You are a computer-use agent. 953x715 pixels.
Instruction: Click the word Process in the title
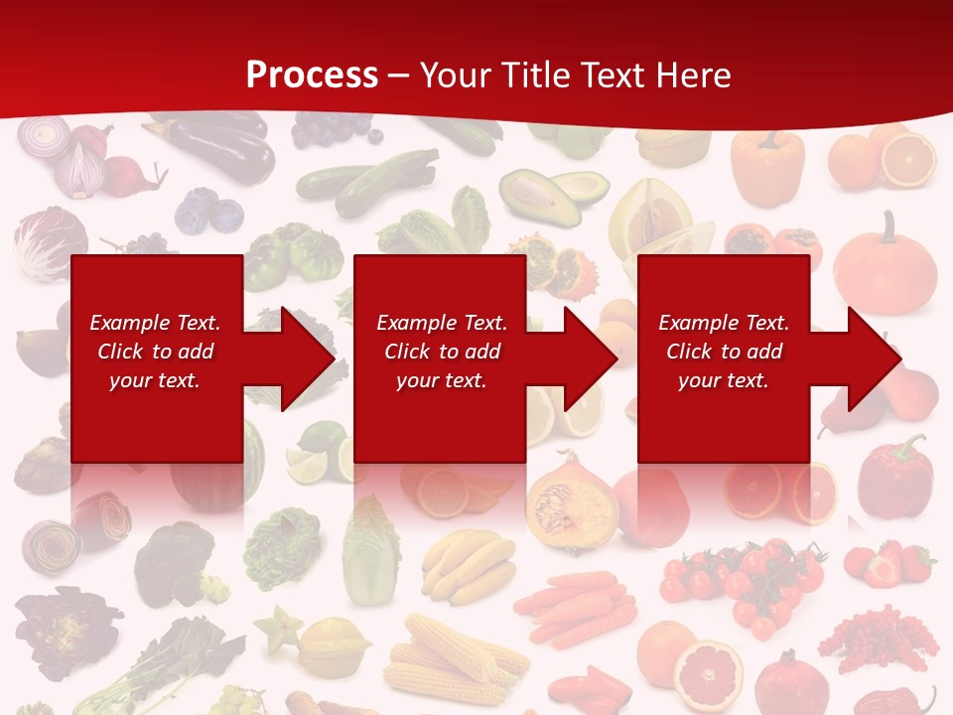(x=312, y=74)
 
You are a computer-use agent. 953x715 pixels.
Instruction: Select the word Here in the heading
(x=689, y=74)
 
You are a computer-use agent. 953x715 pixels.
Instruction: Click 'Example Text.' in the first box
(x=155, y=323)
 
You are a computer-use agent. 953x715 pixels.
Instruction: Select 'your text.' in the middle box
(x=441, y=380)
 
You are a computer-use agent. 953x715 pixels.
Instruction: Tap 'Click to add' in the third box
(x=724, y=352)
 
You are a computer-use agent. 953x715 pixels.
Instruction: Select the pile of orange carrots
(x=576, y=606)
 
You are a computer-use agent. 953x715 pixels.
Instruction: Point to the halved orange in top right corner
(x=909, y=160)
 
